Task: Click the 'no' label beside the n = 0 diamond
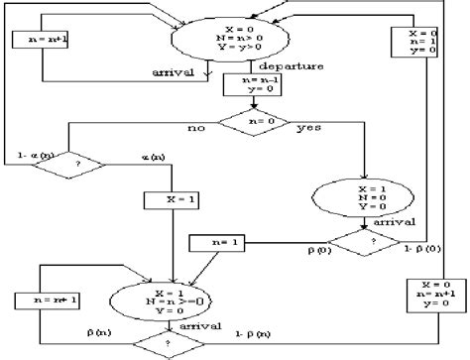tap(194, 127)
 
